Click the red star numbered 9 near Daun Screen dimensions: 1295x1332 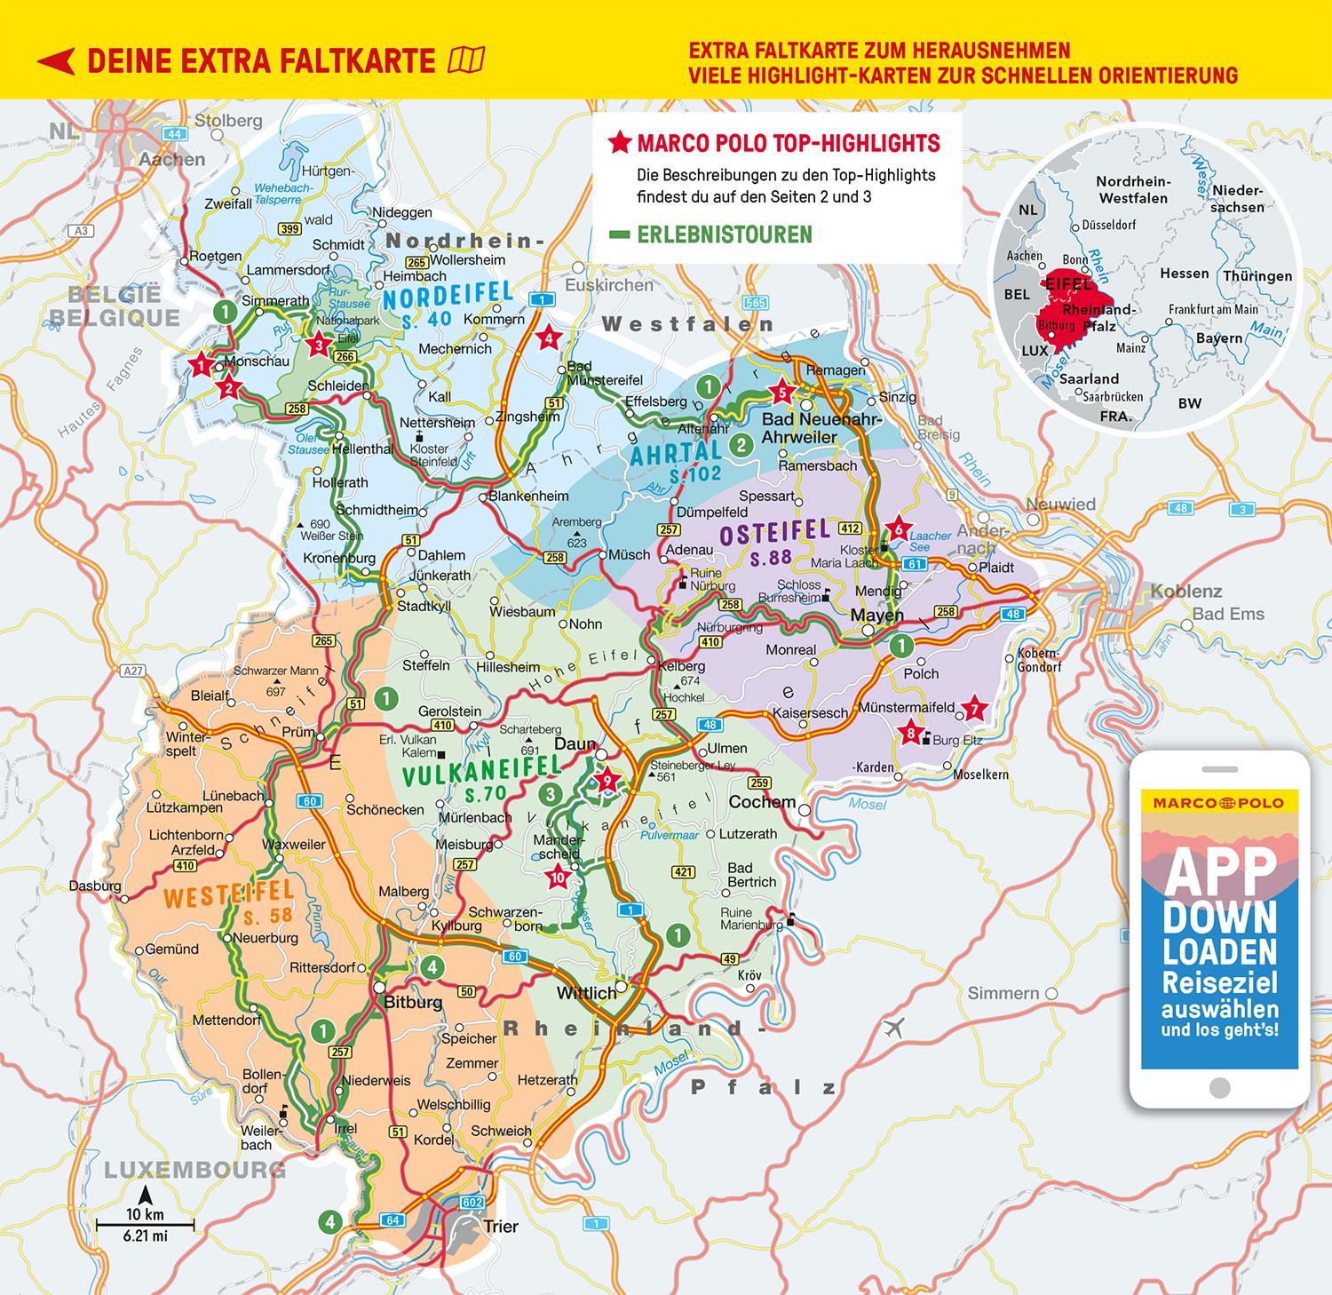[x=608, y=781]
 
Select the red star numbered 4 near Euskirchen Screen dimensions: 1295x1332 [x=549, y=338]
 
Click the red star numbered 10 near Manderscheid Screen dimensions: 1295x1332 [x=558, y=878]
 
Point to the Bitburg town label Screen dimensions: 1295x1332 [x=411, y=1002]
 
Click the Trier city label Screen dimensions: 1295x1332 [x=500, y=1227]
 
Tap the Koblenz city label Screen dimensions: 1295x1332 [x=1185, y=592]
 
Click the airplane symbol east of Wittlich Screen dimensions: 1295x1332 [x=893, y=1028]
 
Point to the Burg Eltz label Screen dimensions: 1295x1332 [x=957, y=740]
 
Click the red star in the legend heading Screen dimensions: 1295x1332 [x=619, y=142]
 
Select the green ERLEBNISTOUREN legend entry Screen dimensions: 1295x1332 [x=711, y=234]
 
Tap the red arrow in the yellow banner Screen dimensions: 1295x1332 [x=55, y=61]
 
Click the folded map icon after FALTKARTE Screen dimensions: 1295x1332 [x=467, y=60]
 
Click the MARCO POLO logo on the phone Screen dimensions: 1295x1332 [x=1218, y=802]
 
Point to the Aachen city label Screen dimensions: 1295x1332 [x=172, y=160]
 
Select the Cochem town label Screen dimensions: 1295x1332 [x=761, y=802]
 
